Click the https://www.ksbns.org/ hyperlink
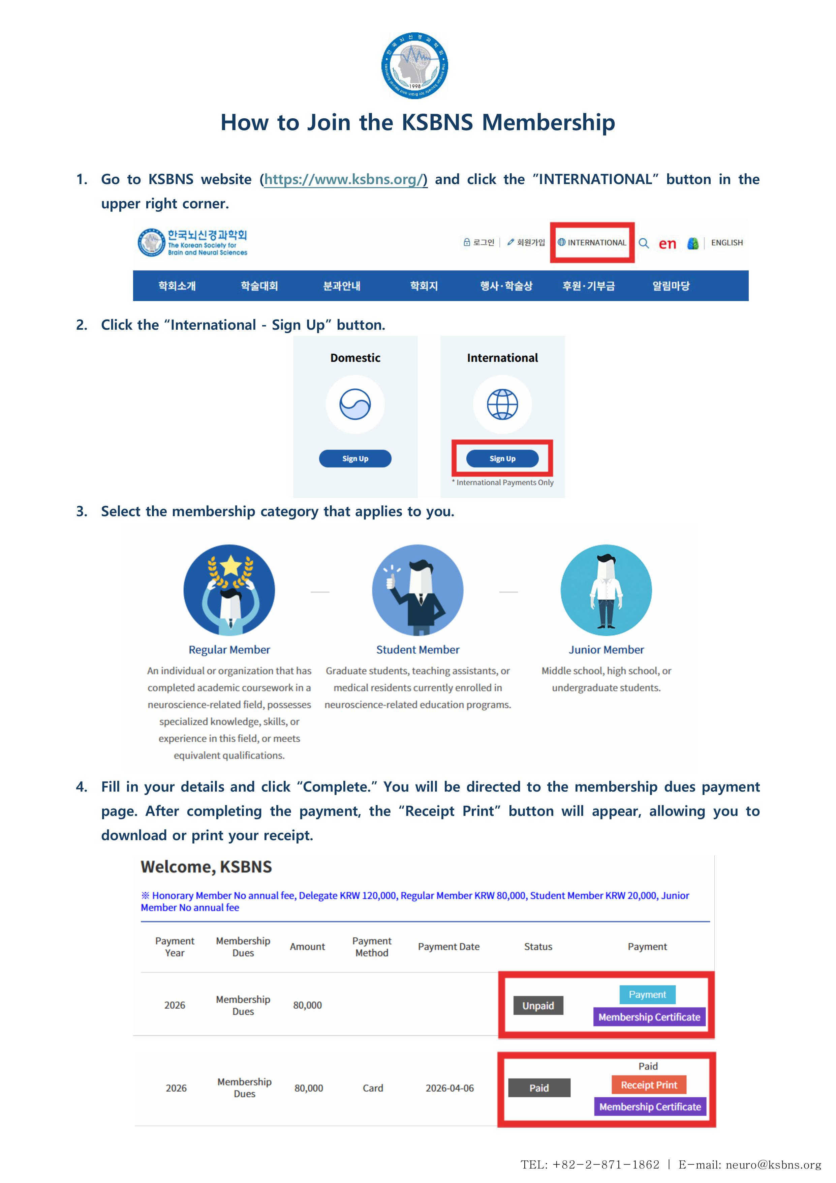pyautogui.click(x=345, y=179)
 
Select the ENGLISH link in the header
pyautogui.click(x=727, y=243)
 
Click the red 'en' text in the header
pyautogui.click(x=667, y=244)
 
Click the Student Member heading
pyautogui.click(x=417, y=650)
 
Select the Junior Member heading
pyautogui.click(x=606, y=650)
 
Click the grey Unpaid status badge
pyautogui.click(x=538, y=1005)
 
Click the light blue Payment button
pyautogui.click(x=647, y=995)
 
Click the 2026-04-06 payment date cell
pyautogui.click(x=449, y=1088)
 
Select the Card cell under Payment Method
pyautogui.click(x=372, y=1088)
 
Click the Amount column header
pyautogui.click(x=307, y=947)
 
